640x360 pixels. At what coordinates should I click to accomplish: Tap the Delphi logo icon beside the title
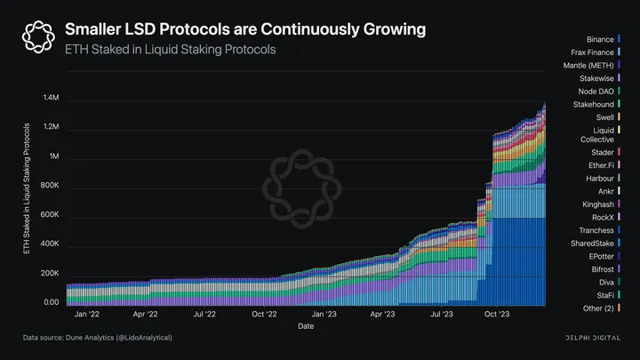tap(37, 38)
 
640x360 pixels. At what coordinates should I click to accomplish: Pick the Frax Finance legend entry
tap(594, 52)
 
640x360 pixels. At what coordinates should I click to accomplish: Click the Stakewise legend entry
tap(598, 78)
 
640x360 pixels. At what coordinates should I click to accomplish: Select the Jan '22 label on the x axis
tap(86, 314)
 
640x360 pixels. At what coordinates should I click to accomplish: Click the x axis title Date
tap(304, 326)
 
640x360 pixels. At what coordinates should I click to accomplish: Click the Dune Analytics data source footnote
tap(98, 339)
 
